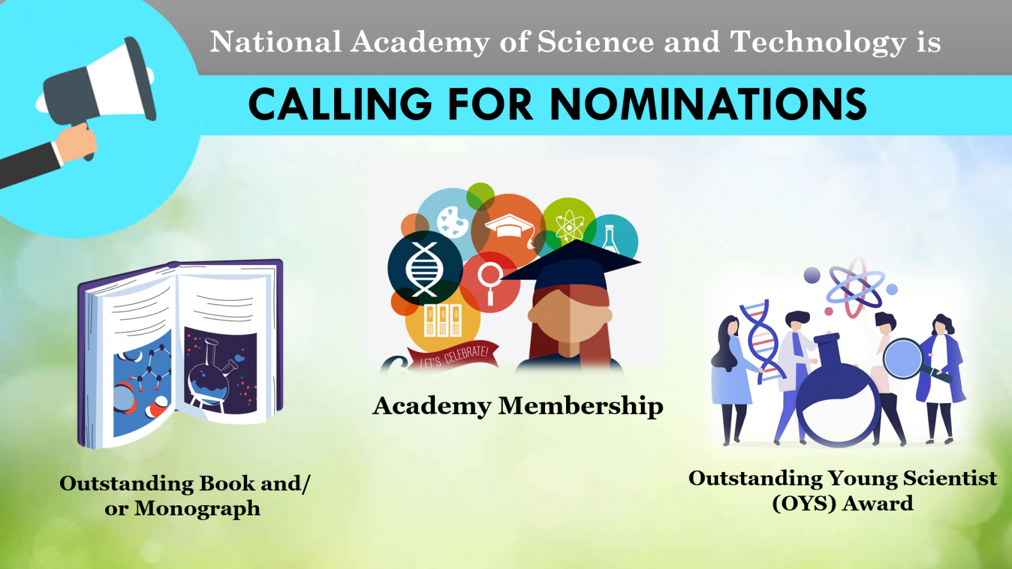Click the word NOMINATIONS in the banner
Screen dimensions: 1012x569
click(x=709, y=104)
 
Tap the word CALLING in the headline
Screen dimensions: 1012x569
click(x=340, y=104)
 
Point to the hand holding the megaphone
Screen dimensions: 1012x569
click(x=77, y=142)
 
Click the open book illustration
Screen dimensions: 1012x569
click(x=181, y=354)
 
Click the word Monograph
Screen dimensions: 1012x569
click(x=197, y=509)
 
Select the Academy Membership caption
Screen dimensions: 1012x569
click(x=517, y=406)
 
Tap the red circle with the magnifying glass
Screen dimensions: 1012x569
click(x=490, y=282)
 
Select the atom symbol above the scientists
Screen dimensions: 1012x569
click(x=855, y=287)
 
